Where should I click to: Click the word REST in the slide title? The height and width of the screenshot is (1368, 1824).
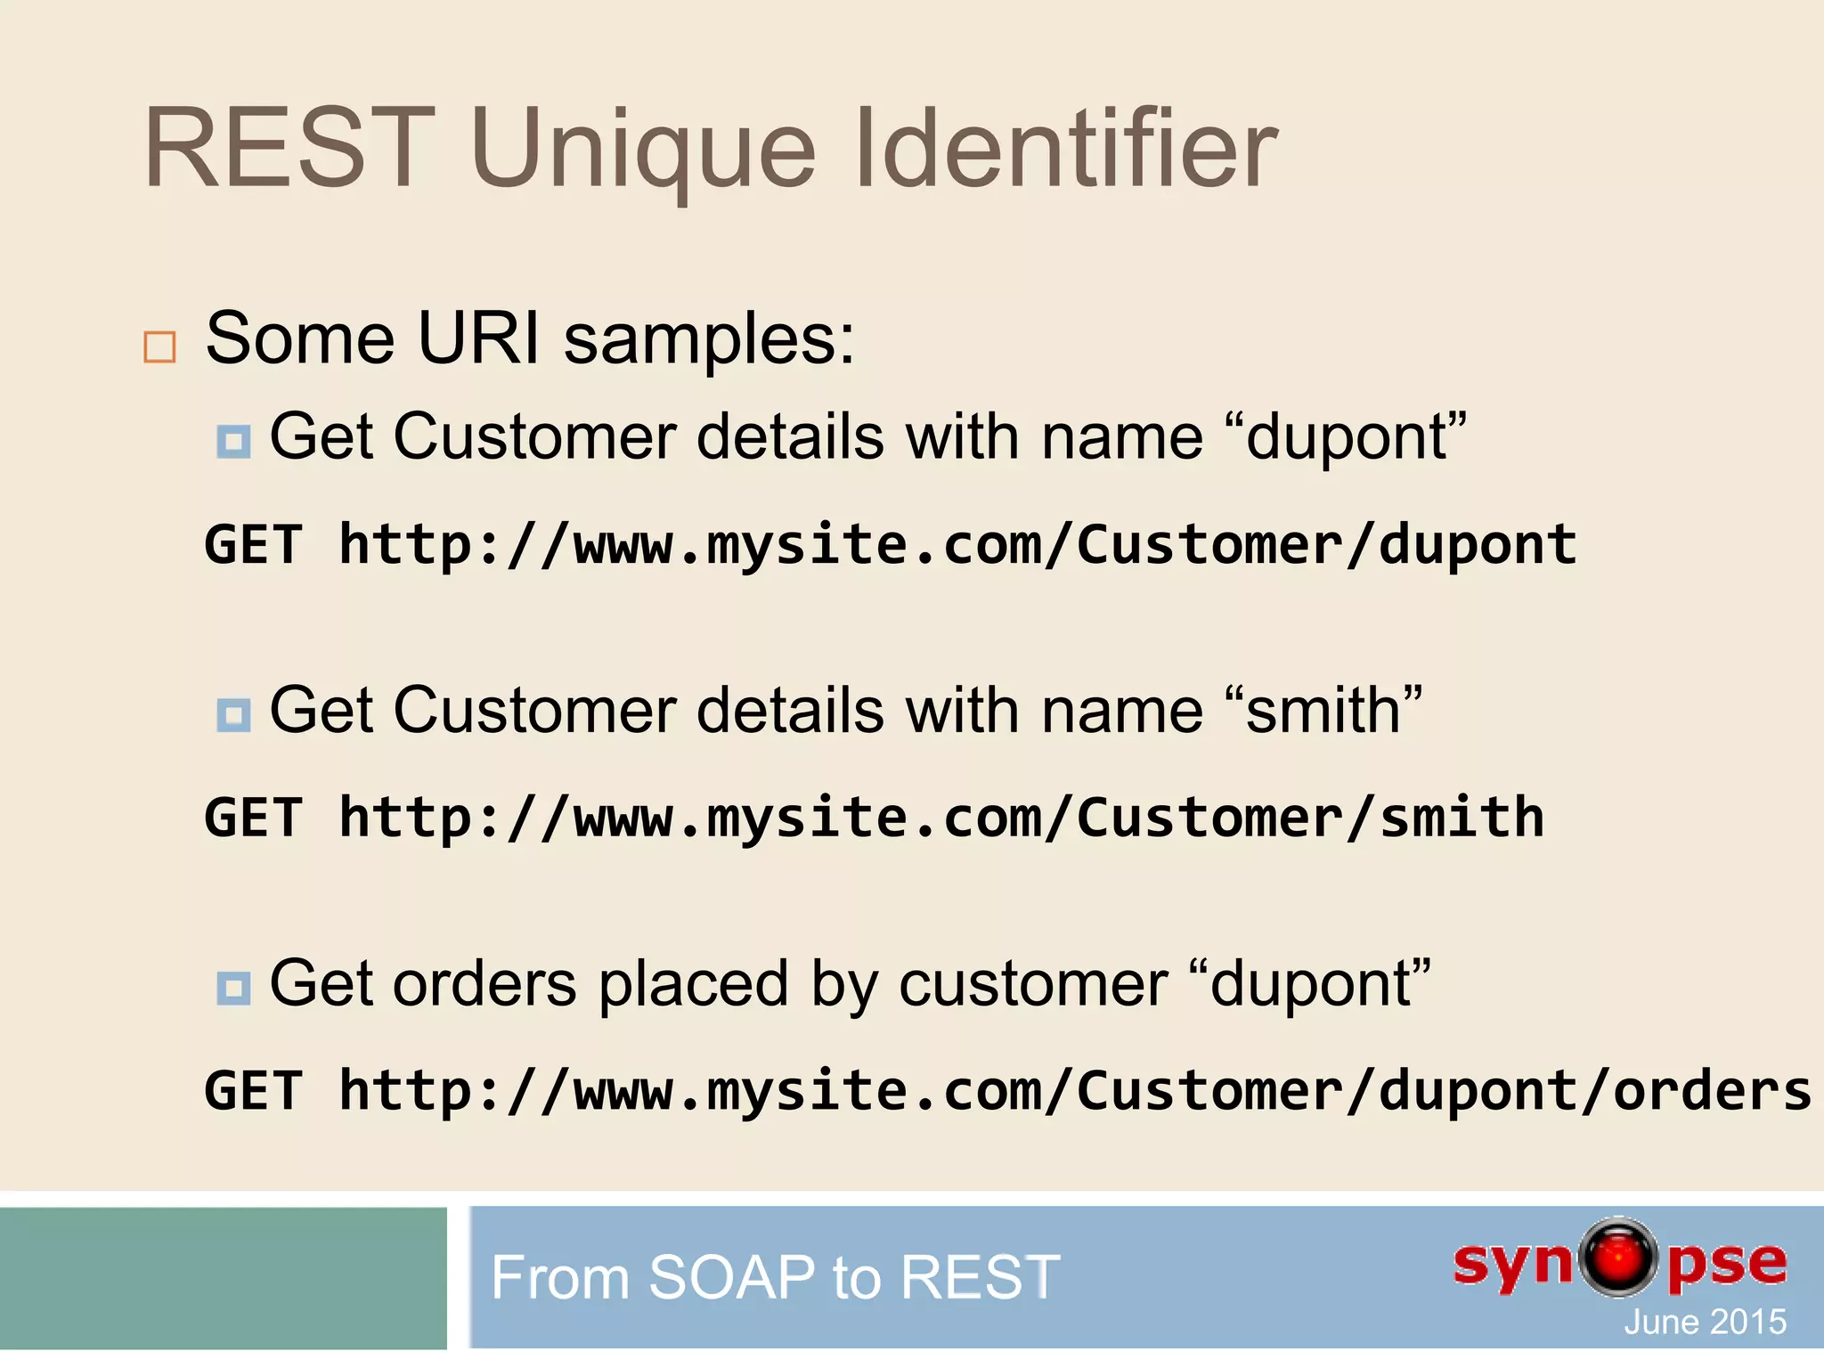289,149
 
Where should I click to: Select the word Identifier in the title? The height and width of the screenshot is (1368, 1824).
1065,149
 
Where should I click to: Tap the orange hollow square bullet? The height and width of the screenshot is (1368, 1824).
159,346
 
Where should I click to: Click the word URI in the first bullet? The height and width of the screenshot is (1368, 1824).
479,339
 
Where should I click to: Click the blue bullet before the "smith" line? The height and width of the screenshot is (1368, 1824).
233,714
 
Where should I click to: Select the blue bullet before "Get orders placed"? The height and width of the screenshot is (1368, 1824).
233,988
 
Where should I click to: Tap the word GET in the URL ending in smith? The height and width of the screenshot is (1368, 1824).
254,818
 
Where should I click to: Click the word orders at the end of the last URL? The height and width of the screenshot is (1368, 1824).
1711,1091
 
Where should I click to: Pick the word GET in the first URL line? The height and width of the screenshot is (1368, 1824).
254,544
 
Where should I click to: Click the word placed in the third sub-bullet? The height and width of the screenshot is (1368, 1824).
693,985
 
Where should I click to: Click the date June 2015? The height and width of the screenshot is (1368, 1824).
1704,1322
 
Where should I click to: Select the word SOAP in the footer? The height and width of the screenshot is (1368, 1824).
731,1277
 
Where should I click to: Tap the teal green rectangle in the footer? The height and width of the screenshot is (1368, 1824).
223,1278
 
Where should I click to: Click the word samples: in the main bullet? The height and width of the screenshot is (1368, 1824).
709,339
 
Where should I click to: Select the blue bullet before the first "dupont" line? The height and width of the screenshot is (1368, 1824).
233,441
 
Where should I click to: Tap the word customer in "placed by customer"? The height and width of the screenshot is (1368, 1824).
1032,985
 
